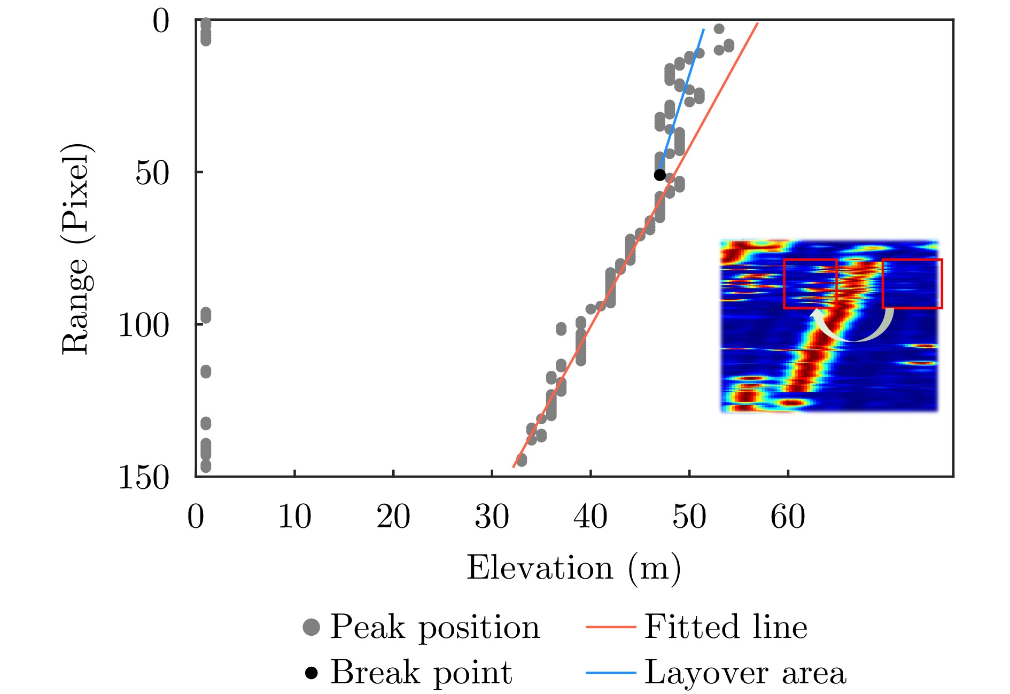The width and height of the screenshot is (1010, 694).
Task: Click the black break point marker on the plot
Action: [x=659, y=175]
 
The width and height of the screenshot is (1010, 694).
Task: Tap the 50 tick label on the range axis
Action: [x=152, y=173]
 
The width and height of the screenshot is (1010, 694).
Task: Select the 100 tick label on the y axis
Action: [x=143, y=325]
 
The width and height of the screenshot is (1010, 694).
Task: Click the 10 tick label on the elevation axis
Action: [x=294, y=517]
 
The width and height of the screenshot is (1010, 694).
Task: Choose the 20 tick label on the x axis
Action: [x=393, y=517]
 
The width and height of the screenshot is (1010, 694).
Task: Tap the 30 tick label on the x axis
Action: [x=492, y=517]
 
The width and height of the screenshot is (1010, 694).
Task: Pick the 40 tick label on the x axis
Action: [x=591, y=517]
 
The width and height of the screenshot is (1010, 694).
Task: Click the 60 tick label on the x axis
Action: [x=788, y=517]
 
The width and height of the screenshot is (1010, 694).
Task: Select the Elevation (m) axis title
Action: [x=573, y=568]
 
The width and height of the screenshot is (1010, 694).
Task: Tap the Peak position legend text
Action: [x=435, y=627]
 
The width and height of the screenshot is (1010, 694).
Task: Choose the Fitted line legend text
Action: [x=725, y=627]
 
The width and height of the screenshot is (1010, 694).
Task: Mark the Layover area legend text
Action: [x=745, y=672]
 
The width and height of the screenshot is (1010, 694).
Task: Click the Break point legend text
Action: [x=421, y=672]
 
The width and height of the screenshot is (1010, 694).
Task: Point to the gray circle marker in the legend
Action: [x=312, y=627]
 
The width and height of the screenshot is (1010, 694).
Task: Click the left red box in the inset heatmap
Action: [x=810, y=284]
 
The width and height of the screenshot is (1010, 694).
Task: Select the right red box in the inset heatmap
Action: [x=912, y=284]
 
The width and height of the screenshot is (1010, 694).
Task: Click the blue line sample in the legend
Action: [x=611, y=672]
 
